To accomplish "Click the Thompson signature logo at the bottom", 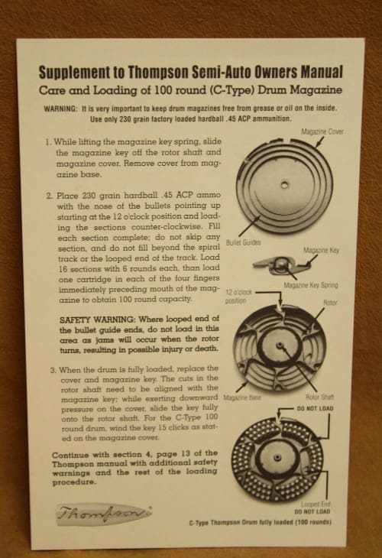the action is click(x=104, y=514).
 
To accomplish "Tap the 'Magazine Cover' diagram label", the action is click(x=322, y=131).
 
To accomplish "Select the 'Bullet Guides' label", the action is click(x=243, y=242).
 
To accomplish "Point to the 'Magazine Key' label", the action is click(x=321, y=250).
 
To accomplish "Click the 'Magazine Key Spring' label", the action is click(x=311, y=285).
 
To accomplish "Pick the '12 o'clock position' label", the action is click(x=238, y=297).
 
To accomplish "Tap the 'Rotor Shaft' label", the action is click(x=320, y=397).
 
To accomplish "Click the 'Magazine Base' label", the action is click(x=242, y=397).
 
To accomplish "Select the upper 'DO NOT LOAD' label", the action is click(x=315, y=408).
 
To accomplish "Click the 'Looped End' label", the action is click(x=316, y=504).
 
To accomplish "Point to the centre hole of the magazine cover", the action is click(x=284, y=184).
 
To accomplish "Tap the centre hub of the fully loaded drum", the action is click(x=277, y=456).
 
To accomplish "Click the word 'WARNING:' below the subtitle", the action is click(x=60, y=109).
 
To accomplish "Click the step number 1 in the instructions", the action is click(x=47, y=142).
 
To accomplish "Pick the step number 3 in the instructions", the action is click(x=53, y=370).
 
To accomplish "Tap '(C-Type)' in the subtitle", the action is click(x=231, y=90).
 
